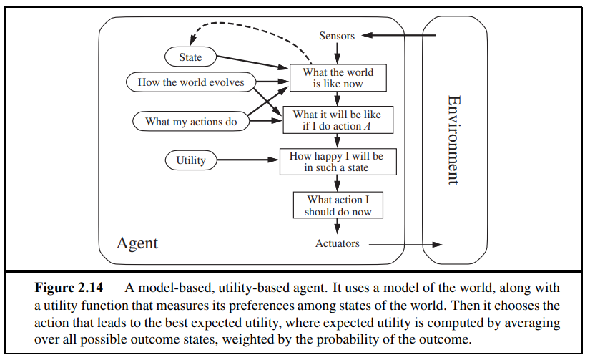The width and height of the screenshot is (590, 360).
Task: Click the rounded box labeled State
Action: pos(190,57)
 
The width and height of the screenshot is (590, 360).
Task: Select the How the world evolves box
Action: pos(191,82)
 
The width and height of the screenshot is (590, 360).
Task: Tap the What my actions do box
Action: pos(191,122)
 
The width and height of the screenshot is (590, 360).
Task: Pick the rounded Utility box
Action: pos(190,161)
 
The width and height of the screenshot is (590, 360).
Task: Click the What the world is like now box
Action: pos(337,78)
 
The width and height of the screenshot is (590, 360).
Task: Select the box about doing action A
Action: pos(337,120)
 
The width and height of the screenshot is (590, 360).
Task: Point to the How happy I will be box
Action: pos(337,161)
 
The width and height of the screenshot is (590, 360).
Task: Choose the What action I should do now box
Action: pos(338,205)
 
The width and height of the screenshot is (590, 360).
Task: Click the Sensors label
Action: pos(337,36)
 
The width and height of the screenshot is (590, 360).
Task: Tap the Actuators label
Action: pos(337,244)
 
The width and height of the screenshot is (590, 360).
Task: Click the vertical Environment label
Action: pos(452,140)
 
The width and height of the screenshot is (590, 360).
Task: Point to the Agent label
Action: pos(137,243)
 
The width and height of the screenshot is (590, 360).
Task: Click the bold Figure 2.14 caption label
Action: pos(69,288)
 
